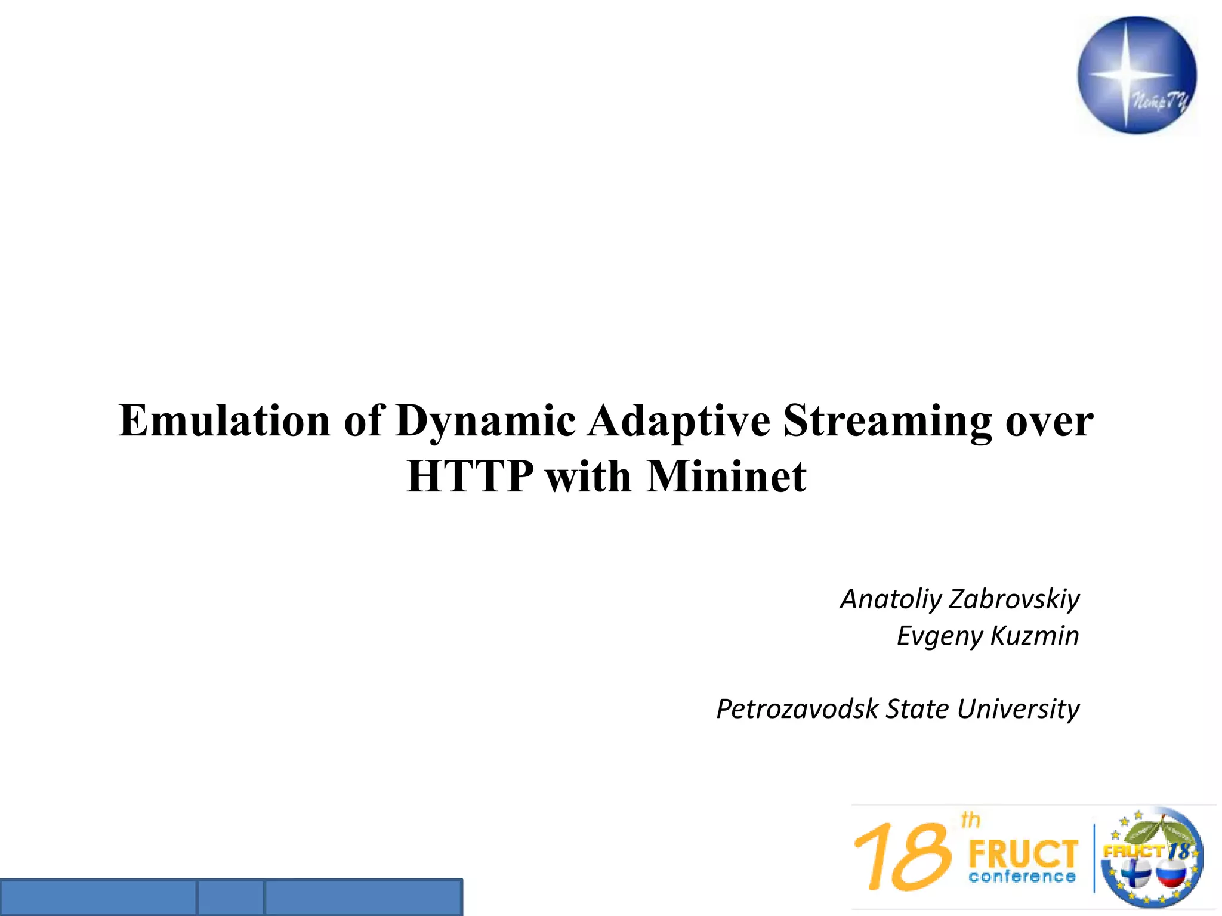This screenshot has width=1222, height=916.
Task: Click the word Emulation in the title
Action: click(224, 421)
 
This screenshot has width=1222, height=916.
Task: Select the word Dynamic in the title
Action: click(485, 421)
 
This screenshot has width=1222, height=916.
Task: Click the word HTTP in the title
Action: click(469, 477)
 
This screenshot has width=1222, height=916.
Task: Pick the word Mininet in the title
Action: click(726, 477)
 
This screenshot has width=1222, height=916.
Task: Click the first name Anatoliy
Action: click(890, 599)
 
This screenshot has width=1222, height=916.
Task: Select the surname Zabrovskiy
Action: click(1014, 599)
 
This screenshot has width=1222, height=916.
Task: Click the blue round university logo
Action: click(1137, 75)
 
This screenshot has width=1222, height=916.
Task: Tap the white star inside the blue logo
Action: click(1125, 74)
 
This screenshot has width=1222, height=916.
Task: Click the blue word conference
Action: click(1022, 877)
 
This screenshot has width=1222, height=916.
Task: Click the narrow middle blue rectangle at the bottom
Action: click(230, 898)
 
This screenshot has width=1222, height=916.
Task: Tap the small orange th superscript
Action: click(971, 821)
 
